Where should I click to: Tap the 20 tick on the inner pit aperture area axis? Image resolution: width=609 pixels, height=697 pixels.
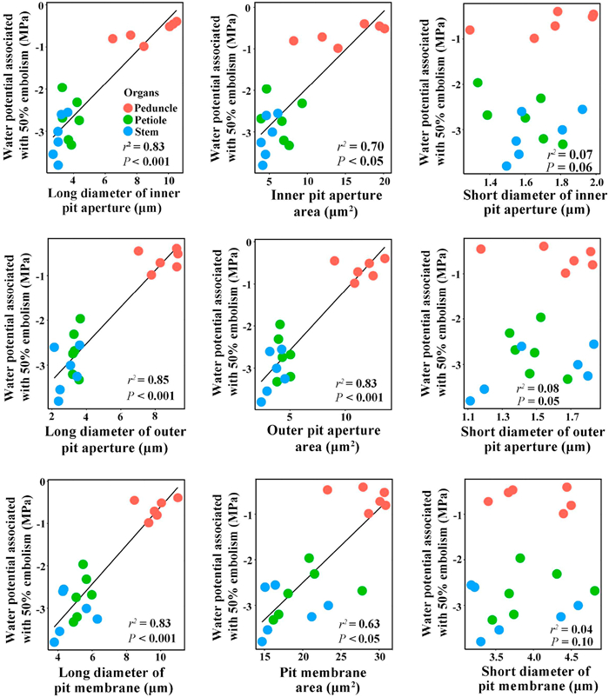(383, 180)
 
